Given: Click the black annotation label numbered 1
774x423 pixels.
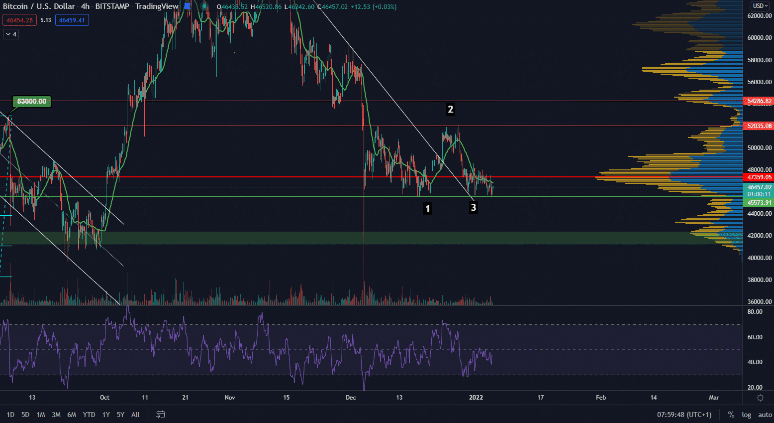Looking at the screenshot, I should [428, 208].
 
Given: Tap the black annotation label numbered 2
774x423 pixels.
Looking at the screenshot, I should [451, 109].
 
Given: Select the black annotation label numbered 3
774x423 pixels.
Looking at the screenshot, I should [473, 207].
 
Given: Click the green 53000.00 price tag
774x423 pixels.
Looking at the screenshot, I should [32, 102].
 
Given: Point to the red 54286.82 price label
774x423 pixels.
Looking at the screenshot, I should [759, 101].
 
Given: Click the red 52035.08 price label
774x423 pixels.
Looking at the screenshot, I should [759, 126].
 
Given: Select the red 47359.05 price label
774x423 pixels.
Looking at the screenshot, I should [759, 177].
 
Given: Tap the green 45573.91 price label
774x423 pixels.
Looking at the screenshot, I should [759, 203].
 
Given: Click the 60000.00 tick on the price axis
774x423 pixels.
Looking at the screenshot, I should [759, 38].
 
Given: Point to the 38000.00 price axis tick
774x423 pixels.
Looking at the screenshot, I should [759, 280].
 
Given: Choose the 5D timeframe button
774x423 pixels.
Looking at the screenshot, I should [25, 415].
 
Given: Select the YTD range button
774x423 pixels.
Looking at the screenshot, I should [89, 415].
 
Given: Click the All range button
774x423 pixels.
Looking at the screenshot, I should [135, 415].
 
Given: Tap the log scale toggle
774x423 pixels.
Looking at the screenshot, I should [746, 415].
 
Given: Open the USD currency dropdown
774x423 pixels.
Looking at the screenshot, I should [760, 6].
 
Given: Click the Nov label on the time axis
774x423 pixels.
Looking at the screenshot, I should [230, 398].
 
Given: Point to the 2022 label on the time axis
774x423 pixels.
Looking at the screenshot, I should [476, 398].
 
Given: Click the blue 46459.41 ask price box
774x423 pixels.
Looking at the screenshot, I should [72, 20].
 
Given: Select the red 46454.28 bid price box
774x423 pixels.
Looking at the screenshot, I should [20, 20].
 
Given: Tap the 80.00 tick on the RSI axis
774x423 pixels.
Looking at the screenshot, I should [755, 312].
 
